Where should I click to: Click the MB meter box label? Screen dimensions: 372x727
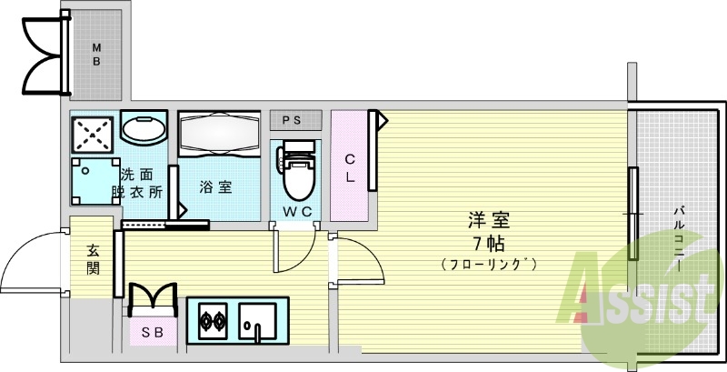click(95, 55)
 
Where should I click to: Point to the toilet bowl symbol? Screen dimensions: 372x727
click(297, 176)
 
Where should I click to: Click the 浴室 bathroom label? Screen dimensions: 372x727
click(215, 187)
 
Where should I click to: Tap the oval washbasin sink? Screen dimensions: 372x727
click(144, 129)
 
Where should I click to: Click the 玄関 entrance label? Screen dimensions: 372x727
click(93, 260)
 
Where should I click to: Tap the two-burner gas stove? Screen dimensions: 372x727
click(213, 321)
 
